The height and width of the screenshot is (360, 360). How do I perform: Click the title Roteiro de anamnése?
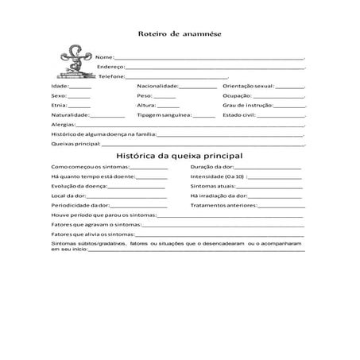point(179,35)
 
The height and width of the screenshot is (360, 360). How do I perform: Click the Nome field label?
point(105,58)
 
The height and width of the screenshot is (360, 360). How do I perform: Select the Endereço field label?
point(112,68)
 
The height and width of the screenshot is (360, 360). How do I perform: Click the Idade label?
point(60,85)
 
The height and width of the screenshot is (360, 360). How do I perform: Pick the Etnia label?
point(59,104)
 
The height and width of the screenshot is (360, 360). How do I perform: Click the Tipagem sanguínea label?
point(164,114)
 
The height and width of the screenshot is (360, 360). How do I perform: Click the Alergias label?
point(64,125)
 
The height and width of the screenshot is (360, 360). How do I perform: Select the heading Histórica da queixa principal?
point(179,156)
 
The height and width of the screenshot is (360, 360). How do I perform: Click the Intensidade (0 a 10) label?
point(218,176)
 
